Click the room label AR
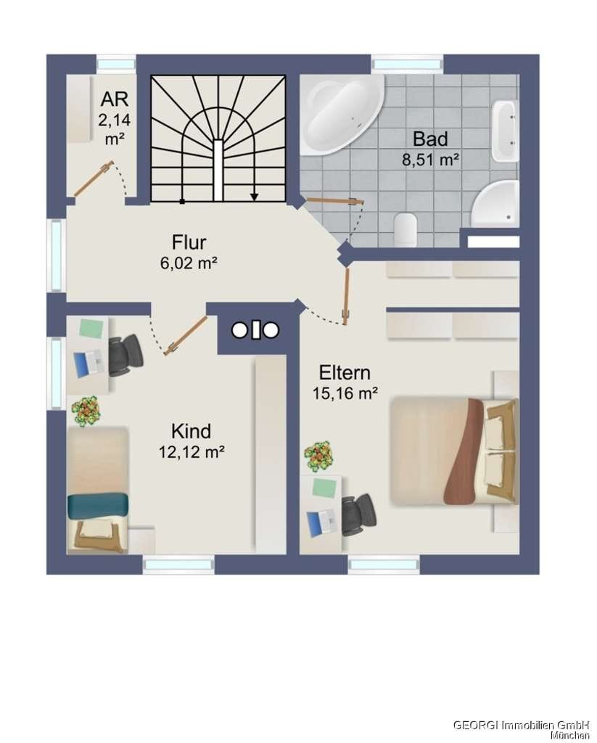(115, 99)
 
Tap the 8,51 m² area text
(430, 160)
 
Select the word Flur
(189, 242)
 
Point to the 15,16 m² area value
(345, 393)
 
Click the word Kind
(191, 431)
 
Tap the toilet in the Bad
(405, 229)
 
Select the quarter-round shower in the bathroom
(495, 204)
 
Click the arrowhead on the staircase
(255, 197)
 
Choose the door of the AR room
(94, 178)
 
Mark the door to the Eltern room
(346, 297)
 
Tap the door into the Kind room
(186, 335)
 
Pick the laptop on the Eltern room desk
(322, 522)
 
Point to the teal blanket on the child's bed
(98, 506)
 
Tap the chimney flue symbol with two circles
(255, 330)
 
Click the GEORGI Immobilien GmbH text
(521, 725)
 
